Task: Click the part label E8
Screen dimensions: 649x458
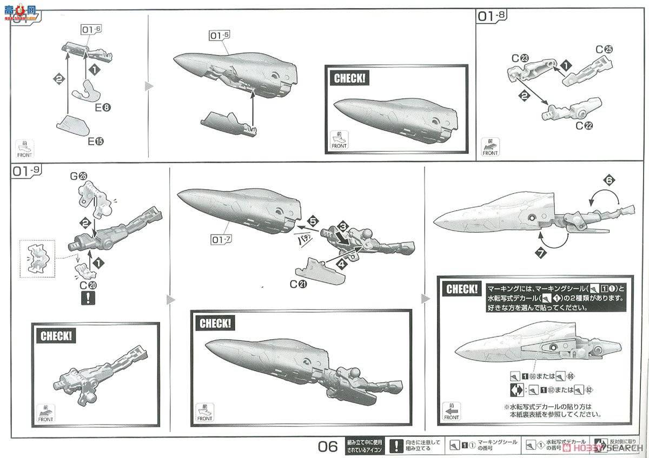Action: pyautogui.click(x=102, y=107)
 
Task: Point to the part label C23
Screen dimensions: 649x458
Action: pyautogui.click(x=519, y=58)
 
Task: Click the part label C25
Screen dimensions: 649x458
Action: pyautogui.click(x=604, y=50)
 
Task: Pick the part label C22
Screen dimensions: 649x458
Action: pyautogui.click(x=584, y=126)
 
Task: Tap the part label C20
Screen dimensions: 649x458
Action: pyautogui.click(x=83, y=285)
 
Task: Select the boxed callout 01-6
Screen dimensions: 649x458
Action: pyautogui.click(x=91, y=30)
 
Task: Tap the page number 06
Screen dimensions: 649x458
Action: pyautogui.click(x=328, y=446)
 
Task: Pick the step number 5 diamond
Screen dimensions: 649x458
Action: pyautogui.click(x=312, y=220)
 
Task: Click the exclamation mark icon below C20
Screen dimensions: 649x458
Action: pyautogui.click(x=84, y=298)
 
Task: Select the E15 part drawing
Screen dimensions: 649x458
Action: pyautogui.click(x=73, y=125)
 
